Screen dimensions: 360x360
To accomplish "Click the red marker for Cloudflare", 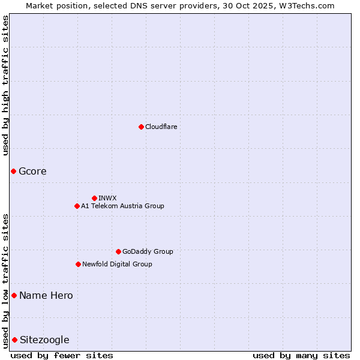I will click(x=141, y=127).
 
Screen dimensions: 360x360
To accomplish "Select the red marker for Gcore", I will click(x=13, y=172).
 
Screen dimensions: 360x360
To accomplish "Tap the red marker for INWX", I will click(x=94, y=198).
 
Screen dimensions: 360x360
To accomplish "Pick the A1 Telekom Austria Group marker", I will click(x=77, y=206).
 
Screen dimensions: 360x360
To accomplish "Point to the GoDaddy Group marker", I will click(x=118, y=251).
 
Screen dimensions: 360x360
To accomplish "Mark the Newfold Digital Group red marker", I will click(x=78, y=264).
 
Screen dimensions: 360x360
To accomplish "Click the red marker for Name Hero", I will click(x=14, y=295).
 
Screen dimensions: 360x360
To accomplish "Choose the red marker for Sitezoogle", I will click(x=14, y=340).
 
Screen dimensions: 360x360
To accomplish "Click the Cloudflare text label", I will click(x=161, y=127).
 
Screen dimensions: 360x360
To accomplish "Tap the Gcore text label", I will click(x=32, y=172).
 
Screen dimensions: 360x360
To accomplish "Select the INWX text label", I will click(x=107, y=198).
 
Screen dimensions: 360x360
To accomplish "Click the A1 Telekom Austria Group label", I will click(x=122, y=206).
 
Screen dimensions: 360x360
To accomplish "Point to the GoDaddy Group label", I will click(x=148, y=251).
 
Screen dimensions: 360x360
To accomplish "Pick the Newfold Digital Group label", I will click(x=117, y=264).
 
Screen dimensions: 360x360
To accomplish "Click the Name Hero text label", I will click(x=46, y=295).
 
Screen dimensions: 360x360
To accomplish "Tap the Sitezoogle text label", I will click(x=44, y=340).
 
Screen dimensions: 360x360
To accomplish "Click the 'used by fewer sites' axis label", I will click(x=62, y=355).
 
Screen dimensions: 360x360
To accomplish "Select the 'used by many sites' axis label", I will click(x=301, y=355).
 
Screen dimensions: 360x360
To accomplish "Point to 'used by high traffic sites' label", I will click(x=5, y=85).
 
